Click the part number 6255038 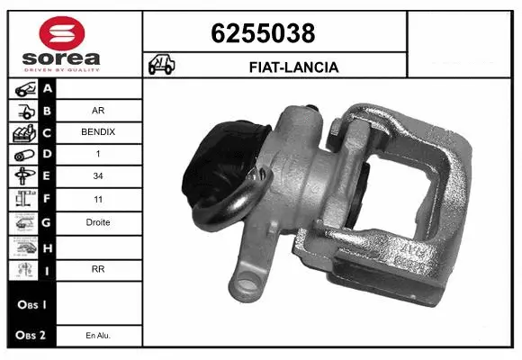click(262, 33)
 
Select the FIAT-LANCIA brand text click(293, 67)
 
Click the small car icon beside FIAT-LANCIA click(163, 66)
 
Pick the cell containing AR click(98, 112)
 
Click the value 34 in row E click(98, 177)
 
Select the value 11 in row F click(98, 200)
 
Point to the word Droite click(98, 222)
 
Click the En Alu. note click(98, 336)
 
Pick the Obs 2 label click(29, 336)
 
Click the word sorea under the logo click(61, 59)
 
